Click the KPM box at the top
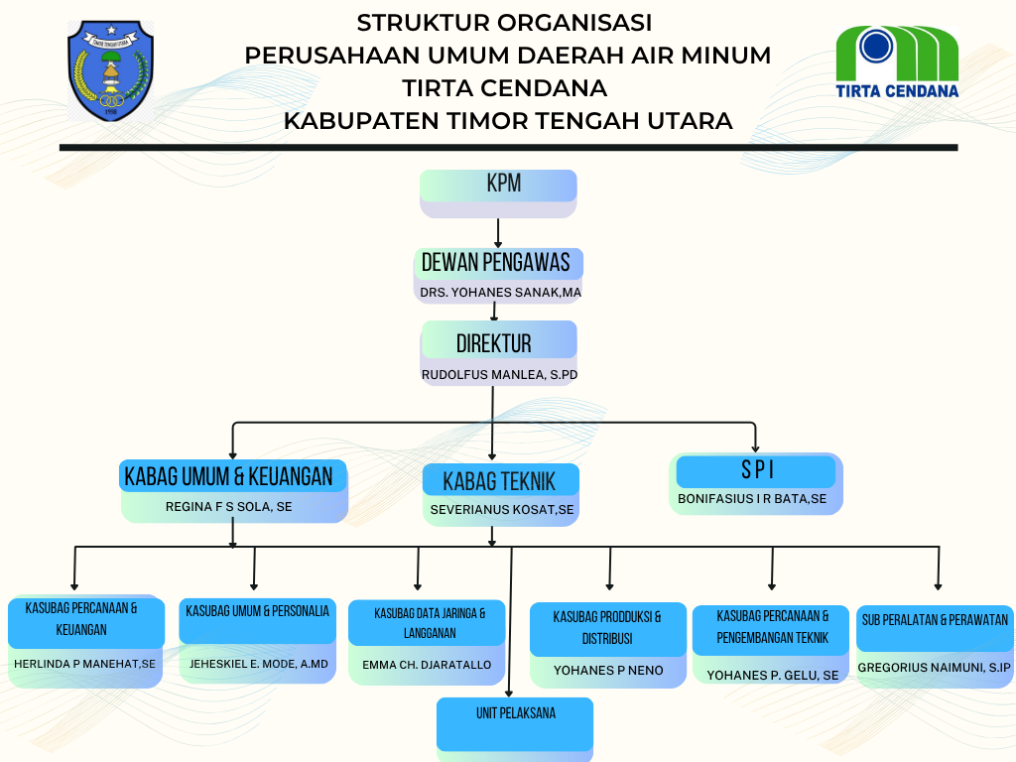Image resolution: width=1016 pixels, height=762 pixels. pyautogui.click(x=498, y=186)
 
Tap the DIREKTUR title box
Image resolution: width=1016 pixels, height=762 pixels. pyautogui.click(x=498, y=342)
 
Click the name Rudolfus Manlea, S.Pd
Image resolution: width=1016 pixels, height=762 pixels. pyautogui.click(x=499, y=375)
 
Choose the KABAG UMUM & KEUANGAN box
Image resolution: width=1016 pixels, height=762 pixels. pyautogui.click(x=234, y=476)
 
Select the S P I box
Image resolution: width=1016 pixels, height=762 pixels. pyautogui.click(x=757, y=470)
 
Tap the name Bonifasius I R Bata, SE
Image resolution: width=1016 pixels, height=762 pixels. pyautogui.click(x=752, y=499)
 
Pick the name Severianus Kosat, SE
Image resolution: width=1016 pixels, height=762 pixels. pyautogui.click(x=501, y=510)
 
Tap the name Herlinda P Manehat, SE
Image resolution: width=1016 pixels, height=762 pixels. pyautogui.click(x=84, y=664)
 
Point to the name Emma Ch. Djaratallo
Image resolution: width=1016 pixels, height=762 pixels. pyautogui.click(x=427, y=665)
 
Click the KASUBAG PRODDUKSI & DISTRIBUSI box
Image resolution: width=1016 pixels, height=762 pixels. pyautogui.click(x=607, y=628)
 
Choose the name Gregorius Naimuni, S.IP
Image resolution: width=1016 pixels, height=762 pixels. pyautogui.click(x=935, y=668)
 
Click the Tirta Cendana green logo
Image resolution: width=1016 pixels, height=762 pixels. pyautogui.click(x=897, y=62)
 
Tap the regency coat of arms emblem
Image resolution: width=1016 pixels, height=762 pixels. pyautogui.click(x=111, y=69)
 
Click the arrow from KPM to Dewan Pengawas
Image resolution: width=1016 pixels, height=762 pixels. pyautogui.click(x=498, y=232)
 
